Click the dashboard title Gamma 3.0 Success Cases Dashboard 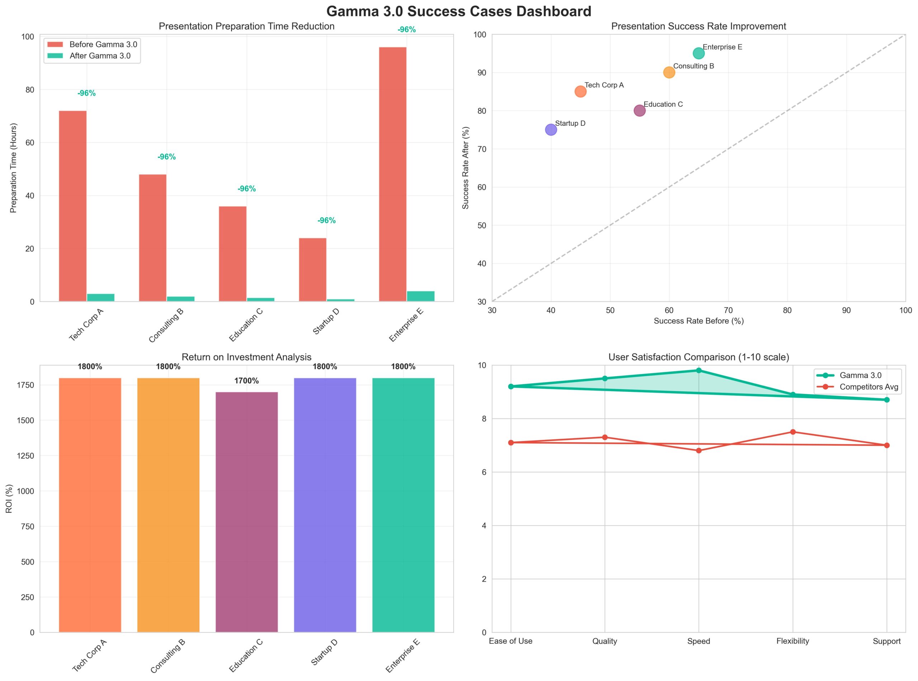458,11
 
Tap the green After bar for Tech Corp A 101,297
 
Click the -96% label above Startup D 326,221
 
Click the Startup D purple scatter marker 551,130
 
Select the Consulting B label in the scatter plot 694,66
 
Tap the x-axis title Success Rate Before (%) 699,321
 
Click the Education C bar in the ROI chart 247,512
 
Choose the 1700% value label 247,381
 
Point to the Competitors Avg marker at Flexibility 792,432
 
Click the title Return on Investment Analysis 247,357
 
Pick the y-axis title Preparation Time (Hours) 14,168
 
